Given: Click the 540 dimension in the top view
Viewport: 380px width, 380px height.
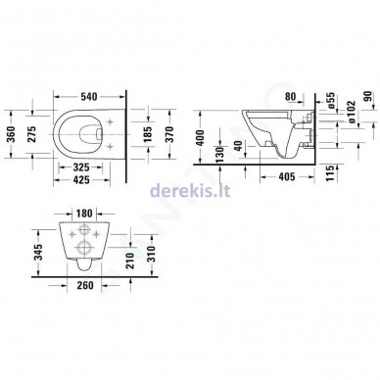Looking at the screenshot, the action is pos(89,97).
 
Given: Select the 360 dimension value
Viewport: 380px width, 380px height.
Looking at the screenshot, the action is pos(11,134).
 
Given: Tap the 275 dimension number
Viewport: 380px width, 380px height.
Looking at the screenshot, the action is pos(31,134).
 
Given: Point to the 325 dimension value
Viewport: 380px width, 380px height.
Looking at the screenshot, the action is pos(80,167).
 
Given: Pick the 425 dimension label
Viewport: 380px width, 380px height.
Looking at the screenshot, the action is pos(81,179).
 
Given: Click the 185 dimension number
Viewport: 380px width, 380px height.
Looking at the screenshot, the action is pos(148,134).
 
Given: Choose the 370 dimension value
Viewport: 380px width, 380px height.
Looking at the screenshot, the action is pos(169,134).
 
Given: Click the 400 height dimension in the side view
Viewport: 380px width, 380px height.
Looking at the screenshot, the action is pos(201,138).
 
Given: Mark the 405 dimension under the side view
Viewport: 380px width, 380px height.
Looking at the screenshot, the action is pos(287,176).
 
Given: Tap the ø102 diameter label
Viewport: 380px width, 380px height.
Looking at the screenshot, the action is pos(352,112).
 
